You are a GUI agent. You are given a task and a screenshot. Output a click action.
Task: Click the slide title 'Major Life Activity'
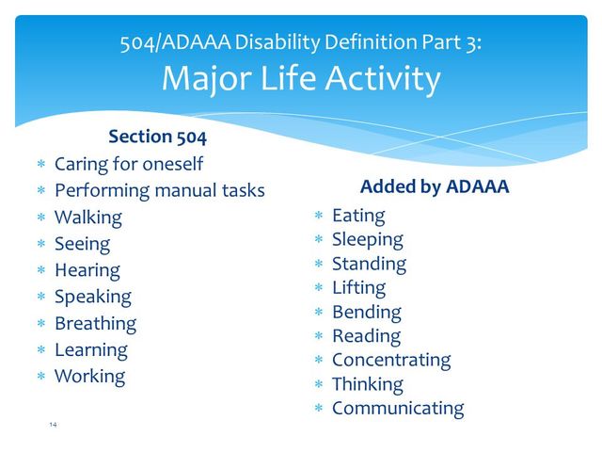pyautogui.click(x=300, y=79)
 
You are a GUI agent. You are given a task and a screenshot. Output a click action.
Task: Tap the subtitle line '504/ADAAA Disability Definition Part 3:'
pyautogui.click(x=300, y=42)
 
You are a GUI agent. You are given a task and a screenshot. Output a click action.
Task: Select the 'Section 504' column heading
pyautogui.click(x=157, y=137)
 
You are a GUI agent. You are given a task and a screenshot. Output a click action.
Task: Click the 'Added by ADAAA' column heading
pyautogui.click(x=435, y=186)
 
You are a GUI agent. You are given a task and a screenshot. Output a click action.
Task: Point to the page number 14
pyautogui.click(x=53, y=426)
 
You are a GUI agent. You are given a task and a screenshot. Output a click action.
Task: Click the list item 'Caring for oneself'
pyautogui.click(x=129, y=164)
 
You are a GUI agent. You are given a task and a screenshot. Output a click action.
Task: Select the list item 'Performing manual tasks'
pyautogui.click(x=159, y=190)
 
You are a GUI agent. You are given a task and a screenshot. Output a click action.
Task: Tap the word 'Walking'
pyautogui.click(x=88, y=218)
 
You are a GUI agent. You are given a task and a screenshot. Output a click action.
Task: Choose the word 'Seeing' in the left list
pyautogui.click(x=82, y=244)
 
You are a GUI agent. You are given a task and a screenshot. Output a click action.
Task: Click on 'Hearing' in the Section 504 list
pyautogui.click(x=87, y=270)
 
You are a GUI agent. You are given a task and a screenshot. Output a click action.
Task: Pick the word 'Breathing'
pyautogui.click(x=95, y=323)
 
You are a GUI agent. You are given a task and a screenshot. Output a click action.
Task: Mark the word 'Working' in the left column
pyautogui.click(x=89, y=376)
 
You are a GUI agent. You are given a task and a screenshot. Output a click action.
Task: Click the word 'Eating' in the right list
pyautogui.click(x=358, y=216)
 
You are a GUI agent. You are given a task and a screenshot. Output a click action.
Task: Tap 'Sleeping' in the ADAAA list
pyautogui.click(x=367, y=239)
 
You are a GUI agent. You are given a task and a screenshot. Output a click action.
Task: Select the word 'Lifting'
pyautogui.click(x=358, y=287)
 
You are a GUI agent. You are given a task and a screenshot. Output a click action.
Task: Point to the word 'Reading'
pyautogui.click(x=366, y=335)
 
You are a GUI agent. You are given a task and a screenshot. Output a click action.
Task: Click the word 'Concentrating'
pyautogui.click(x=391, y=360)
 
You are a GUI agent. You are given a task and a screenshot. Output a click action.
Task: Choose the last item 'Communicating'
pyautogui.click(x=398, y=408)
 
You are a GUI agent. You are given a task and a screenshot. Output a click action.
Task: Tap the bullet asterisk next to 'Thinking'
pyautogui.click(x=319, y=385)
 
